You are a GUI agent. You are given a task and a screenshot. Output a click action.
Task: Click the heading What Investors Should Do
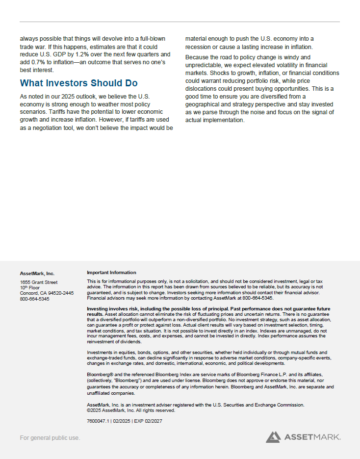pyautogui.click(x=78, y=83)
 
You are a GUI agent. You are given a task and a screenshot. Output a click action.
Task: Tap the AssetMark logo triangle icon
pyautogui.click(x=273, y=436)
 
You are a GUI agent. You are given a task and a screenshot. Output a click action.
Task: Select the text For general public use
pyautogui.click(x=50, y=437)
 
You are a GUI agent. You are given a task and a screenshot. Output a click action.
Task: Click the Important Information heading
pyautogui.click(x=111, y=273)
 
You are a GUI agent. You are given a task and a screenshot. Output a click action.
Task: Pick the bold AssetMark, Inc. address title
pyautogui.click(x=37, y=273)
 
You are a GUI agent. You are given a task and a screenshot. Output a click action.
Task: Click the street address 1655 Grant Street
pyautogui.click(x=39, y=282)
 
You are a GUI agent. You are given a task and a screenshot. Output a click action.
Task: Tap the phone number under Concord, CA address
pyautogui.click(x=34, y=299)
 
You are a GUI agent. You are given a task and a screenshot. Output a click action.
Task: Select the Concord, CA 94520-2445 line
pyautogui.click(x=47, y=293)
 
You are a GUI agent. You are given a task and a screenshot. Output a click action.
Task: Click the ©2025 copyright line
pyautogui.click(x=130, y=410)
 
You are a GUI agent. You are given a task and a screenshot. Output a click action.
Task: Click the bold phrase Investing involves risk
pyautogui.click(x=114, y=308)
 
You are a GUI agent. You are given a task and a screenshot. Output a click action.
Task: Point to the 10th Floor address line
pyautogui.click(x=30, y=288)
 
